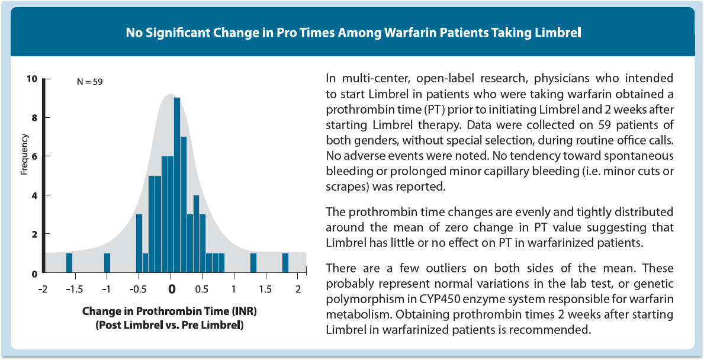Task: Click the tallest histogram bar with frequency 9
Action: tap(177, 185)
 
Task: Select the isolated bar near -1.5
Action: tap(69, 263)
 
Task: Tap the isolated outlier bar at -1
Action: tap(107, 263)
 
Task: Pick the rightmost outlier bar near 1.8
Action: tap(285, 263)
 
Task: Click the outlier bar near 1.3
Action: tap(253, 263)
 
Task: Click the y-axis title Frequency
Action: tap(25, 155)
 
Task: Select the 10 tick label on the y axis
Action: tap(32, 79)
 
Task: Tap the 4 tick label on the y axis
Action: tap(34, 195)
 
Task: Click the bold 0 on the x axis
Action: tap(171, 289)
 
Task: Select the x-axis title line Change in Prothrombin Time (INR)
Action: tap(165, 311)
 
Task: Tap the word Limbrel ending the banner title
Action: tap(558, 32)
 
